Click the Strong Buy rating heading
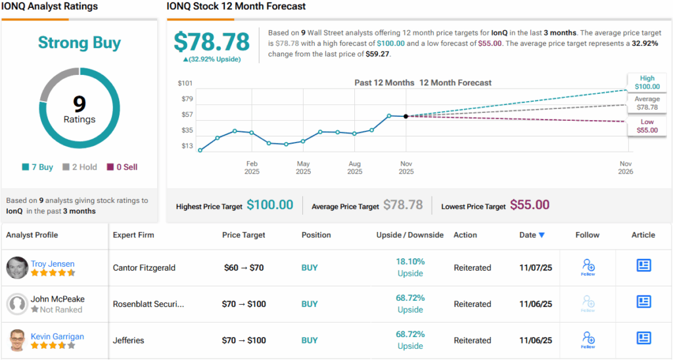point(80,43)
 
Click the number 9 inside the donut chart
point(80,104)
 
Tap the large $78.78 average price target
point(212,41)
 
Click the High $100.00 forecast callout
point(647,83)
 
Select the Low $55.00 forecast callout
point(647,126)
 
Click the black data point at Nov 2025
point(406,116)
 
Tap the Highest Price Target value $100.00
point(269,206)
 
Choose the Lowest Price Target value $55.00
point(530,206)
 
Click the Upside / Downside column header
point(409,235)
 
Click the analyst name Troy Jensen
point(53,263)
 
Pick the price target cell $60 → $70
point(244,268)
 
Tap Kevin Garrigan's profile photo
point(17,340)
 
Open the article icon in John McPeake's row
point(643,302)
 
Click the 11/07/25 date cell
point(532,268)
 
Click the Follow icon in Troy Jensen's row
point(588,266)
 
